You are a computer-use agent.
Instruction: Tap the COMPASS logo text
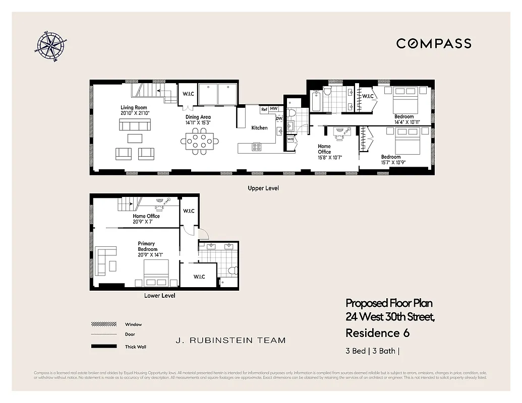point(434,43)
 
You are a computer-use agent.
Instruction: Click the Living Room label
point(134,107)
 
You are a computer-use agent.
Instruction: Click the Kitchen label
point(260,128)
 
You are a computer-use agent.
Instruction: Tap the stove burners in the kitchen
point(257,147)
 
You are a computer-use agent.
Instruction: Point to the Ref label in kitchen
point(264,109)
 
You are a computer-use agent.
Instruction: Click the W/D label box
point(291,139)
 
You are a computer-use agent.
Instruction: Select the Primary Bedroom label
point(147,246)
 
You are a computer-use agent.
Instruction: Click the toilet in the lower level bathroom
point(231,271)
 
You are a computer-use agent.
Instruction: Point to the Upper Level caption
point(263,188)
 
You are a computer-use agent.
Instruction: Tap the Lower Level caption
point(159,296)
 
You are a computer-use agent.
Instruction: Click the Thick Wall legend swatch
point(100,347)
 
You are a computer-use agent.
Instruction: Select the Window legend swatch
point(100,324)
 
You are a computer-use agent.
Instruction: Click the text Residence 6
point(377,333)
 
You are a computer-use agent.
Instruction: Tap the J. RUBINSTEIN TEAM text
point(230,341)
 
